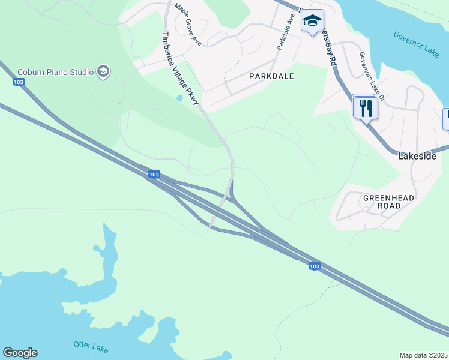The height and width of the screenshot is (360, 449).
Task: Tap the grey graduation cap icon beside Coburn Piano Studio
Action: [x=103, y=72]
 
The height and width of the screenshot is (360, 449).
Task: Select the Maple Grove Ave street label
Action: [x=188, y=25]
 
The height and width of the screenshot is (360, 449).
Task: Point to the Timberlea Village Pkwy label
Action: [x=179, y=70]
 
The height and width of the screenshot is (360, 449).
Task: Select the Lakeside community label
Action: [x=417, y=156]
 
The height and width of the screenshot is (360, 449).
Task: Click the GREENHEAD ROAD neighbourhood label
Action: [x=382, y=202]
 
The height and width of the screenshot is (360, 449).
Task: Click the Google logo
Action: [x=20, y=353]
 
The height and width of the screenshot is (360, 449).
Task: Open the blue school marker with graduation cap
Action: [x=312, y=21]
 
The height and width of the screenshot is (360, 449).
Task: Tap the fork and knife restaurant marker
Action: [x=366, y=108]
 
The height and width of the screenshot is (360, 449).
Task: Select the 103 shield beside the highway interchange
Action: [x=154, y=175]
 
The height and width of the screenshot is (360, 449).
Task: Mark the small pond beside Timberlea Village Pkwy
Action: [x=179, y=98]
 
